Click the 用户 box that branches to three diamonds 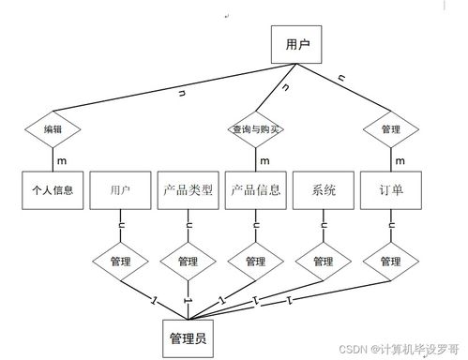tap(296, 43)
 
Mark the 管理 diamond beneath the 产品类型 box tap(188, 261)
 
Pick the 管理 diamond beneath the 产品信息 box tap(256, 261)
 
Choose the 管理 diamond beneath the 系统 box tap(324, 261)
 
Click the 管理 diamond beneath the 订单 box tap(390, 261)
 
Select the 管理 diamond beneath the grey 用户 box tap(120, 261)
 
